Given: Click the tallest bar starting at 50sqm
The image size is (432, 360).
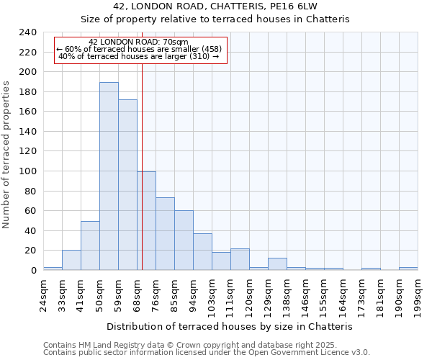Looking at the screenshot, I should click(109, 176).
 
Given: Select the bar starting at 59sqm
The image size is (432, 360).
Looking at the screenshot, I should click(127, 185).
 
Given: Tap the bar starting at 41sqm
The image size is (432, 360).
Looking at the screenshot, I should click(90, 246).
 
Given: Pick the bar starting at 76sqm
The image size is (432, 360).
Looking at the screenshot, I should click(165, 234).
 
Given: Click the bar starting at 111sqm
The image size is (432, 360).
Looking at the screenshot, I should click(240, 259).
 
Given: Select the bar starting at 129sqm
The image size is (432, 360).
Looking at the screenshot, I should click(277, 264).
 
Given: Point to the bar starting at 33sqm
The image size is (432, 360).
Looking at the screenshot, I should click(71, 260).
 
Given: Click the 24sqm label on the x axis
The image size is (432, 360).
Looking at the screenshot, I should click(43, 292).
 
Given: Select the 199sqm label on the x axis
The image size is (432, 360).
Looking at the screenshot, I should click(418, 292).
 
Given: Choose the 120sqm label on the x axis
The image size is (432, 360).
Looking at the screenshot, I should click(249, 292).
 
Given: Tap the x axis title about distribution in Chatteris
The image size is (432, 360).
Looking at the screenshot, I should click(230, 326).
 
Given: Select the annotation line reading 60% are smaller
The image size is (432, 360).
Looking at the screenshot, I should click(140, 49).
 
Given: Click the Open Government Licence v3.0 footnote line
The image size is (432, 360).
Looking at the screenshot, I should click(207, 353).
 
